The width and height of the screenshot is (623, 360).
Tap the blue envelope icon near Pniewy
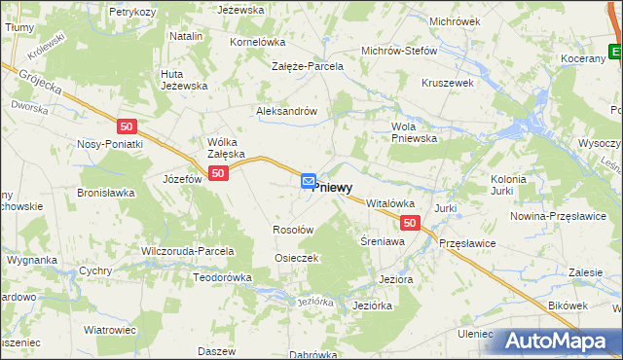tap(308, 181)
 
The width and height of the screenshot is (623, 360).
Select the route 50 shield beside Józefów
tap(218, 173)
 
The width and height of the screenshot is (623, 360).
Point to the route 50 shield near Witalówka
tap(410, 223)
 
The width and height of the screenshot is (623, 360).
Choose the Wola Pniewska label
tap(415, 132)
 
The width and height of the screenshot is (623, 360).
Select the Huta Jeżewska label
tap(185, 79)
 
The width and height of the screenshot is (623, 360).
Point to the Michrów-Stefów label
tap(399, 52)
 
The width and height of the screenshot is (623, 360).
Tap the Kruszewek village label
tap(447, 83)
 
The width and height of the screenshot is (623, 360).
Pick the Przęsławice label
tap(467, 243)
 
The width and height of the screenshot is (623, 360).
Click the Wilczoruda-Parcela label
tap(189, 251)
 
